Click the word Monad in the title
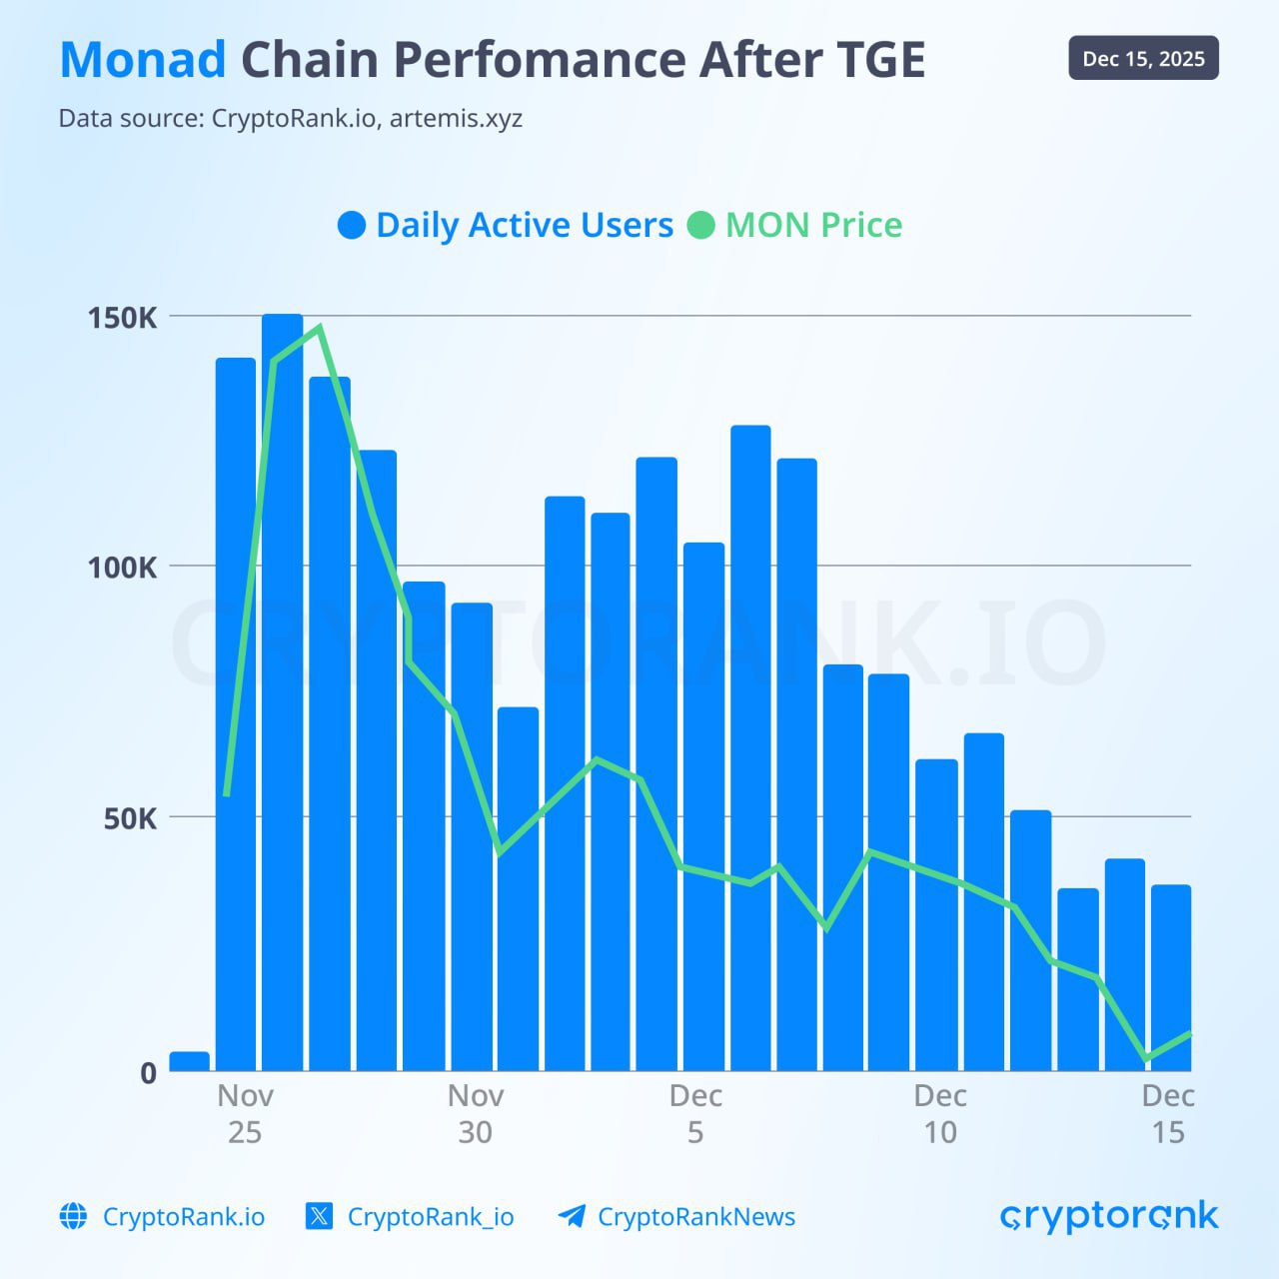143,60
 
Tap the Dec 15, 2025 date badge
1143,59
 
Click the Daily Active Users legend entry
506,225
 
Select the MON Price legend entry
795,225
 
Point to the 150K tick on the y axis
123,318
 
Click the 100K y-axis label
123,568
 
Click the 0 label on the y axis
148,1073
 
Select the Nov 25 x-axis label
245,1113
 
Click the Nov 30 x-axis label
475,1113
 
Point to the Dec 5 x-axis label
695,1113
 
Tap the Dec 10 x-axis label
939,1113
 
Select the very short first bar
190,1061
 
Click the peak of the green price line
319,328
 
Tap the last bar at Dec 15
1171,979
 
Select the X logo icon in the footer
319,1216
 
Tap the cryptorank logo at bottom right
1109,1216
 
